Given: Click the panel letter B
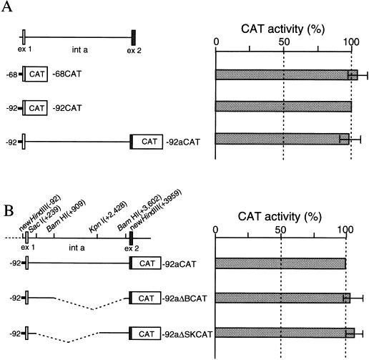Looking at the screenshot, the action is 9,211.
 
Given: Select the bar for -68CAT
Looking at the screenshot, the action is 287,74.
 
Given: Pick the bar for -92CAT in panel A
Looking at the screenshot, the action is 283,107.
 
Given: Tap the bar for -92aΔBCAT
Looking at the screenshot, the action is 282,298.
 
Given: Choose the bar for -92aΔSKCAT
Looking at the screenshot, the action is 285,333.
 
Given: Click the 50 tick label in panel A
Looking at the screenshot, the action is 283,42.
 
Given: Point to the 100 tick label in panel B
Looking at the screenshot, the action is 346,230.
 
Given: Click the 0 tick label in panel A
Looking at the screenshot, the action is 216,42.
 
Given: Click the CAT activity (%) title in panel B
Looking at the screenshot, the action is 280,217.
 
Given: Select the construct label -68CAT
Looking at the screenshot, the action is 67,74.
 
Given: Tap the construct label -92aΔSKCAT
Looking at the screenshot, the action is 187,334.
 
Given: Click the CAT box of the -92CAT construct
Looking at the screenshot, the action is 36,108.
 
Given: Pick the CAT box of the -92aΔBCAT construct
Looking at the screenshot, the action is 146,298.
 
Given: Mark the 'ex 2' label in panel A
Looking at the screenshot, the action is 134,51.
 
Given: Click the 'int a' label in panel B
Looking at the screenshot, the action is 77,248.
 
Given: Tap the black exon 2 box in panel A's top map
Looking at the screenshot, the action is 134,38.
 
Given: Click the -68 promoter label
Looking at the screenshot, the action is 11,74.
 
